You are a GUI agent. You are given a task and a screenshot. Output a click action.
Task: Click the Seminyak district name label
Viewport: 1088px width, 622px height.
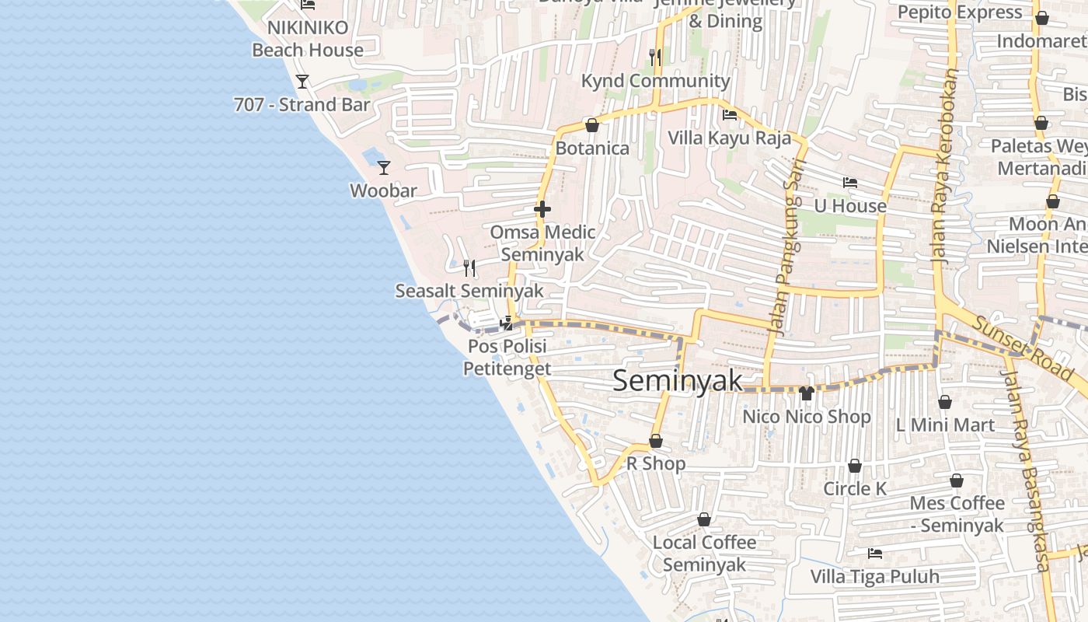tap(678, 381)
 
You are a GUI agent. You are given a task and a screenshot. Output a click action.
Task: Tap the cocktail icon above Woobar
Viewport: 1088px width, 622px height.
tap(383, 167)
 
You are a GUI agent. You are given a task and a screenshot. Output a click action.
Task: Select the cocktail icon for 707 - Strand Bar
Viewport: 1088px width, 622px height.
tap(302, 81)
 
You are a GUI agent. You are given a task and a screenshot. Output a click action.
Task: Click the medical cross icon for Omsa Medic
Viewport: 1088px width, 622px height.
tap(542, 209)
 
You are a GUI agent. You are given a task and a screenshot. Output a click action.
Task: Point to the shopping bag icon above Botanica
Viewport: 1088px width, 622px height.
tap(592, 125)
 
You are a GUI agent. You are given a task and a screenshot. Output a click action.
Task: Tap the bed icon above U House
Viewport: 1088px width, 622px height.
tap(850, 183)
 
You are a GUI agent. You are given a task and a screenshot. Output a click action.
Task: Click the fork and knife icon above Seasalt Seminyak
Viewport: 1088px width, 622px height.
tap(469, 268)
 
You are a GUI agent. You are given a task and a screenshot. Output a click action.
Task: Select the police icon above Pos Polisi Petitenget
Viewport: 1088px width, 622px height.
tap(507, 323)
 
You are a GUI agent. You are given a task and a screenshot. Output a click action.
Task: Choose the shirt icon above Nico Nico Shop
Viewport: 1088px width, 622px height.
tap(806, 393)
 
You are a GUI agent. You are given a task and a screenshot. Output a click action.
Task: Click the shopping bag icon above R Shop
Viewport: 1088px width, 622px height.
tap(656, 442)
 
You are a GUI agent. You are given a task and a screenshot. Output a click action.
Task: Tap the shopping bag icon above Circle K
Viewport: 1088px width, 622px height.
tap(855, 466)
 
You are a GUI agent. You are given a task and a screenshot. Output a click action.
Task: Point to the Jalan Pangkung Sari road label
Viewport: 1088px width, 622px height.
tap(787, 247)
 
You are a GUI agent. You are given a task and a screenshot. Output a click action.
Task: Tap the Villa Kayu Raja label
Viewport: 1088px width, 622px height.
tap(730, 138)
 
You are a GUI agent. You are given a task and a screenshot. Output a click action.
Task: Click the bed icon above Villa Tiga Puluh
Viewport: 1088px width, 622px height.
tap(875, 554)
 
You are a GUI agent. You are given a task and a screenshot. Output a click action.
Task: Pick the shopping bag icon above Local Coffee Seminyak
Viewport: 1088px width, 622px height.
tap(704, 519)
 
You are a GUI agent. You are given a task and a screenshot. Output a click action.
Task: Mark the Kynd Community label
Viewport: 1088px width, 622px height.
tap(656, 81)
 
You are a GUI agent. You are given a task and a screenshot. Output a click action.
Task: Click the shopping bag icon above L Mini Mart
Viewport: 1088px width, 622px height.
tap(945, 402)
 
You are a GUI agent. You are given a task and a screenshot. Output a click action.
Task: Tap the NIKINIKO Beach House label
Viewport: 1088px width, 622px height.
tap(308, 39)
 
